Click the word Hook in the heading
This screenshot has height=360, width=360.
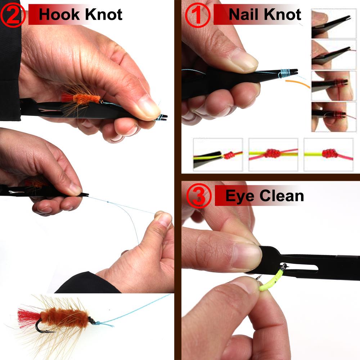[60, 15]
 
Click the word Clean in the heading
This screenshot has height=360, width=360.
[281, 196]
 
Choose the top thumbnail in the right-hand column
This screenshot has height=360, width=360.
[333, 24]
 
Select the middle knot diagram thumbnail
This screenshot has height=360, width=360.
[273, 154]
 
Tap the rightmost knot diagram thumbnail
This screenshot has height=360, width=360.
[328, 154]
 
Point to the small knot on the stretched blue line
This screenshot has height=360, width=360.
[108, 202]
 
